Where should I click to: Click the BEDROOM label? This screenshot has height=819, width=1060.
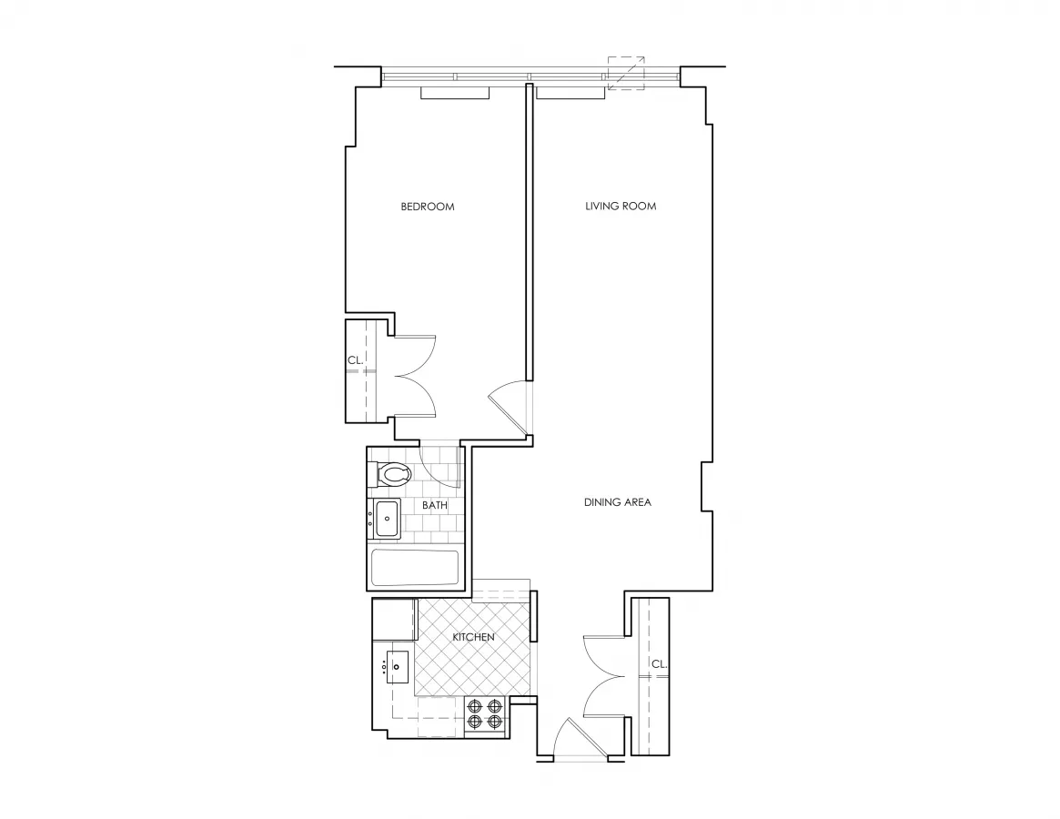pos(427,207)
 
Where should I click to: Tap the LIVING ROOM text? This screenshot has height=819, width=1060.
pos(621,207)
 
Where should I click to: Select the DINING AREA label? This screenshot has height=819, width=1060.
pos(618,502)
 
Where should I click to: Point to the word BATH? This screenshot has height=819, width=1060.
pos(434,505)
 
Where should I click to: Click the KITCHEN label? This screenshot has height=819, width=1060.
pos(473,637)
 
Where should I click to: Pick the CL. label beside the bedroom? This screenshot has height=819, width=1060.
pos(355,360)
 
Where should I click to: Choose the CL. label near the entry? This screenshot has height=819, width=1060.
pos(659,664)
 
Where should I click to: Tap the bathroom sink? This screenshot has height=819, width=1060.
pos(387,519)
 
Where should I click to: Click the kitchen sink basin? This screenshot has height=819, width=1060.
pos(398,666)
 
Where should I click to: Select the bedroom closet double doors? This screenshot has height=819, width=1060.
pos(415,376)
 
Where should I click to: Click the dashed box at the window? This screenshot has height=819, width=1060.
pos(626,73)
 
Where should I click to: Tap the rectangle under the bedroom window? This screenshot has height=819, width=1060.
pos(455,93)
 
